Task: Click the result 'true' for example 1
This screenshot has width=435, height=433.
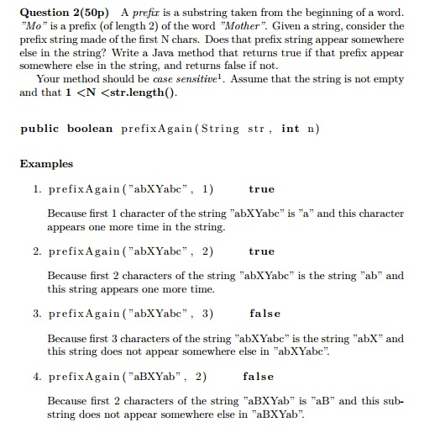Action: (x=261, y=189)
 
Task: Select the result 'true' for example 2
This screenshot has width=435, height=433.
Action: (x=261, y=251)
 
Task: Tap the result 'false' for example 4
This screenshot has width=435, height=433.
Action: (x=258, y=376)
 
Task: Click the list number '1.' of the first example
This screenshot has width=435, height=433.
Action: (x=38, y=189)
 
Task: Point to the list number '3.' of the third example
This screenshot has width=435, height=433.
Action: (x=38, y=314)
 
